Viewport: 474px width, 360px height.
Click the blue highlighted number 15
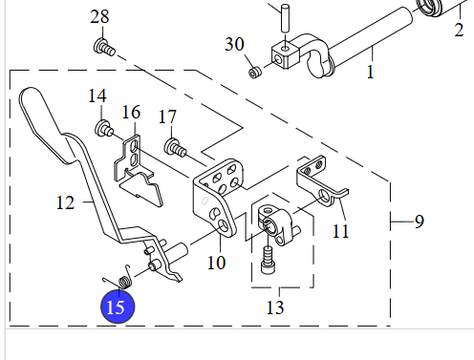coord(118,307)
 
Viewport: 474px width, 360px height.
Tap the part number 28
coord(99,16)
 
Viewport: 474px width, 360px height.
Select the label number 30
coord(234,44)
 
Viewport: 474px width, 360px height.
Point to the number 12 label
coord(65,202)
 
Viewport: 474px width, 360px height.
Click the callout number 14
coord(97,95)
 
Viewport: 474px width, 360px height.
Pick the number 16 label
coord(131,113)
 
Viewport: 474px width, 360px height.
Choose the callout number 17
coord(167,116)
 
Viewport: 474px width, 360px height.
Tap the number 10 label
coord(217,263)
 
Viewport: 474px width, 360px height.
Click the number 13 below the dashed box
coord(275,307)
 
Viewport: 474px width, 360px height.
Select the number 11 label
coord(340,231)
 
